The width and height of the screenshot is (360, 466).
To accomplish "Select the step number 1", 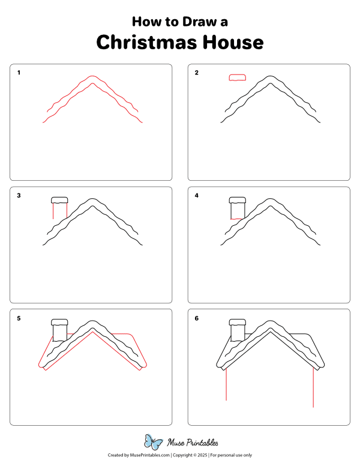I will pos(19,73).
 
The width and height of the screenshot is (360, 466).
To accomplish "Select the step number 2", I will pos(196,73).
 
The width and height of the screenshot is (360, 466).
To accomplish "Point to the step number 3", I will pos(19,195).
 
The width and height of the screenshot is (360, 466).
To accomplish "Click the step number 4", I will pos(196,195).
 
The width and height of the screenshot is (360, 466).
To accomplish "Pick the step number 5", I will pos(19,318).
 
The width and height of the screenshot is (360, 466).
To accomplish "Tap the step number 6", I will pos(196,318).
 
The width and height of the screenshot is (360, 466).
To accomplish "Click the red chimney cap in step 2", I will pos(238,77).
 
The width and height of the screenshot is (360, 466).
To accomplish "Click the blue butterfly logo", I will pos(154,443).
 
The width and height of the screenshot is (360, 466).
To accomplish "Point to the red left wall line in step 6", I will pos(226,384).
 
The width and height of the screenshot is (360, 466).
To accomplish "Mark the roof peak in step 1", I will pos(92,77).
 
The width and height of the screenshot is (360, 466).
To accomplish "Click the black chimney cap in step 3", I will pos(60,199).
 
